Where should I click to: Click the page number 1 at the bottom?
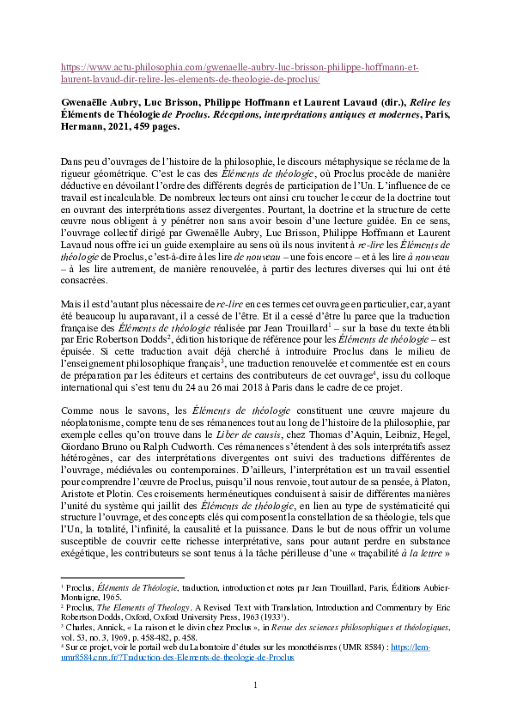pyautogui.click(x=255, y=684)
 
